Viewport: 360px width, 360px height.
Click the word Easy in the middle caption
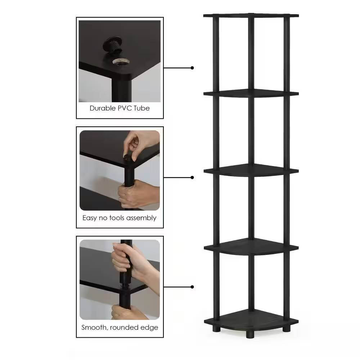coord(89,218)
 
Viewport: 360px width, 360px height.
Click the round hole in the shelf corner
coord(119,62)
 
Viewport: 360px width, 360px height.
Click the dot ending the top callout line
coord(193,68)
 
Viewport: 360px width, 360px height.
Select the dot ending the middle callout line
coord(193,177)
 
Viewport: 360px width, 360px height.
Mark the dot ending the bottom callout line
coord(193,287)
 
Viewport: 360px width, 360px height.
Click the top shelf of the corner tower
coord(251,15)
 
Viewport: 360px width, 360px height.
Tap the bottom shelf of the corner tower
coord(251,319)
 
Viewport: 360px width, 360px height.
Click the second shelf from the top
coord(251,93)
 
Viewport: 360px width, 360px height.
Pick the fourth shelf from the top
coord(251,247)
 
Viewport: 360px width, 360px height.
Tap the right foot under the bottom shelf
coord(287,328)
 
